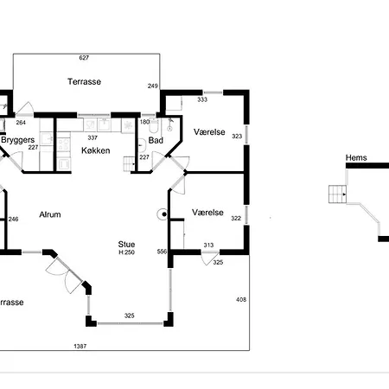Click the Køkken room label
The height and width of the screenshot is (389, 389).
coord(96,150)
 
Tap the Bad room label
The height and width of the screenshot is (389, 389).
coord(156,140)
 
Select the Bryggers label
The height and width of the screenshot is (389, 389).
coord(18,140)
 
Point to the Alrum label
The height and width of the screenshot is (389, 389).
coord(50,214)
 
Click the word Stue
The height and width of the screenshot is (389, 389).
coord(126,245)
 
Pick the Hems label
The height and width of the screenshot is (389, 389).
coord(356,157)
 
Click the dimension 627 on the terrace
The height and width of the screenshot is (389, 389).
coord(84,58)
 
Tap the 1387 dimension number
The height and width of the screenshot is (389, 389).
coord(80,346)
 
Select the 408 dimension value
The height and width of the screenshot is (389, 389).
coord(241,300)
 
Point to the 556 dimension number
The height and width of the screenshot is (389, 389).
coord(162,252)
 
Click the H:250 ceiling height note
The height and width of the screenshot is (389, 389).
coord(126,252)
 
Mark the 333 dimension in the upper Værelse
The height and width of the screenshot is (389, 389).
coord(202,99)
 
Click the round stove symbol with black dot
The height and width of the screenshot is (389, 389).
coord(163,214)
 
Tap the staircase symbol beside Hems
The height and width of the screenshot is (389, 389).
coord(338,194)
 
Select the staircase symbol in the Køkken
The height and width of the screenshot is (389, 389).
coord(130,164)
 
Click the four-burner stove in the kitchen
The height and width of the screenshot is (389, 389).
coord(64,144)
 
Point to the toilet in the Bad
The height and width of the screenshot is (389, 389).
coord(154,126)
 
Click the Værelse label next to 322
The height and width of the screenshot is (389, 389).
coord(207,213)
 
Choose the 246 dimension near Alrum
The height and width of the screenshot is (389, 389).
coord(13,219)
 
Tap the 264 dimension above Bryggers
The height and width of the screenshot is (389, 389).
coord(21,123)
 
